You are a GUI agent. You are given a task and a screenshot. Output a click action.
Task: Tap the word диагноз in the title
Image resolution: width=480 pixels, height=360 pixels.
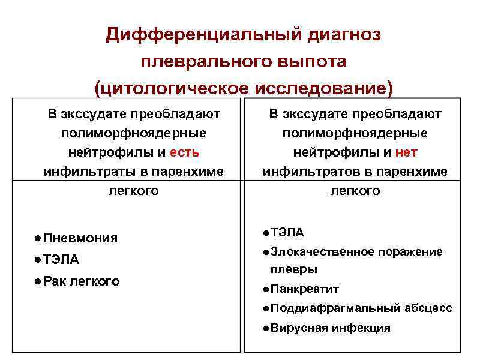click(344, 35)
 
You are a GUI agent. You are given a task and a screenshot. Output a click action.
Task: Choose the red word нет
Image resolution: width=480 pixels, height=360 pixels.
click(406, 152)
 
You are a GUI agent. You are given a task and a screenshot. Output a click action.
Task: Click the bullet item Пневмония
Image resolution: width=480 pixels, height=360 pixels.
click(80, 238)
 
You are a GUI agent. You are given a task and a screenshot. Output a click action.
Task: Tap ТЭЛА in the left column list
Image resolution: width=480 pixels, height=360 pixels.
click(61, 260)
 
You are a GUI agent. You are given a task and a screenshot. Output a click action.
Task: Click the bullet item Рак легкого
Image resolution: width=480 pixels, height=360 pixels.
click(82, 281)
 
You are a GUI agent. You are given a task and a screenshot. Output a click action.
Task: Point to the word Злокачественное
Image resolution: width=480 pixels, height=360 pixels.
click(323, 252)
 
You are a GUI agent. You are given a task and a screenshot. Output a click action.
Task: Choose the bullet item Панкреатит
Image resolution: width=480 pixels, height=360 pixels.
click(305, 289)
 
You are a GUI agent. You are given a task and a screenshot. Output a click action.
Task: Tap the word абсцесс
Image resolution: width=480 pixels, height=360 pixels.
click(428, 308)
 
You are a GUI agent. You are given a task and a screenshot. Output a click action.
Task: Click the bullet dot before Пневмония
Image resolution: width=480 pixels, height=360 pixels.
click(38, 238)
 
